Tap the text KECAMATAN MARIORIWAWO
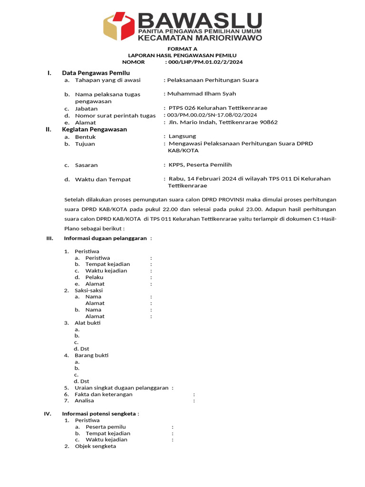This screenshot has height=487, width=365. (x=200, y=38)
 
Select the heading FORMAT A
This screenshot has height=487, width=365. (x=182, y=49)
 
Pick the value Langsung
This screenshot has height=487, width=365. (x=182, y=136)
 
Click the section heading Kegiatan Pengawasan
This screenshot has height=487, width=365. (x=94, y=129)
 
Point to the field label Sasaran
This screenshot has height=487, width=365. (x=86, y=165)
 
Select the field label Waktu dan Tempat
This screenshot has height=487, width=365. (x=103, y=179)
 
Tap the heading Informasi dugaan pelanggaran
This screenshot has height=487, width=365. (x=105, y=238)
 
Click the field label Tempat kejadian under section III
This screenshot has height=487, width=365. (x=107, y=264)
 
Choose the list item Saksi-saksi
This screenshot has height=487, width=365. (x=88, y=290)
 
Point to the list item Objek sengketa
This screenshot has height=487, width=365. (x=95, y=446)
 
